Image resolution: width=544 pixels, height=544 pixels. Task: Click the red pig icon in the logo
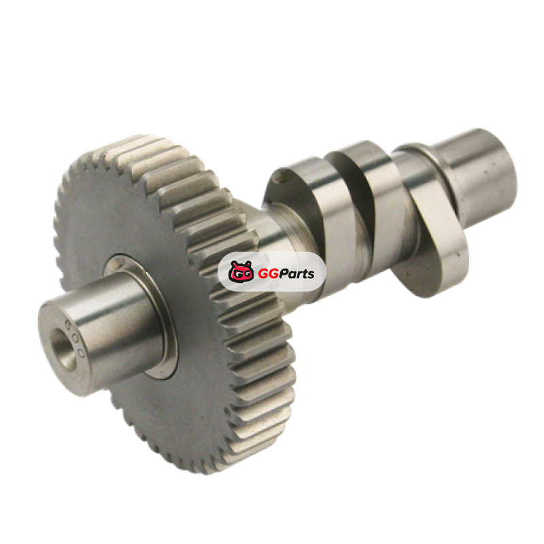[241, 271]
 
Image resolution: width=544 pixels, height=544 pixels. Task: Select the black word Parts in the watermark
[295, 273]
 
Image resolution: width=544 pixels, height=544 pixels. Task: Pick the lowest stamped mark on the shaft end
[81, 354]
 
